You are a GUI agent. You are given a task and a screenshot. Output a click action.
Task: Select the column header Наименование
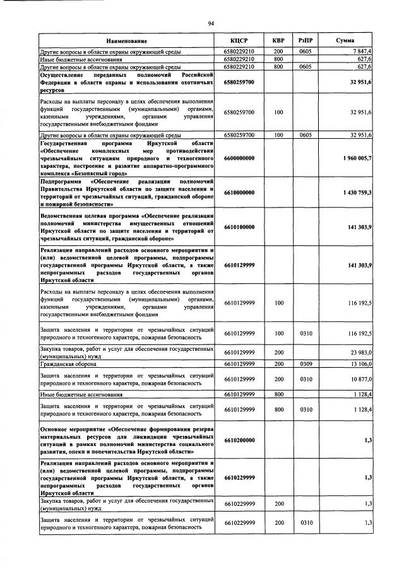[130, 40]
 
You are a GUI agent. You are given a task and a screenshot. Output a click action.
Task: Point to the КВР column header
[278, 40]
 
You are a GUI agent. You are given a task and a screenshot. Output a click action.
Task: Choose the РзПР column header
[306, 40]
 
